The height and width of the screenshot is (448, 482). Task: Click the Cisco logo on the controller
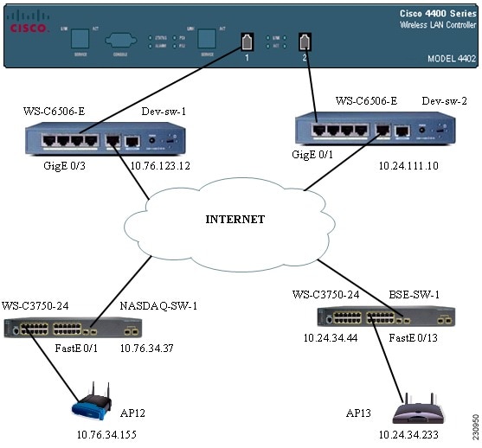click(x=28, y=23)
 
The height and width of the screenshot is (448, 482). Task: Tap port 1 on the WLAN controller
click(x=247, y=41)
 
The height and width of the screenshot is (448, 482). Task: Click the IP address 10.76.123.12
click(x=159, y=165)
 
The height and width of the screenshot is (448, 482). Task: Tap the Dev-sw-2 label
click(x=445, y=101)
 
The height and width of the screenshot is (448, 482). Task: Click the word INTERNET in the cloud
click(x=235, y=219)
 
